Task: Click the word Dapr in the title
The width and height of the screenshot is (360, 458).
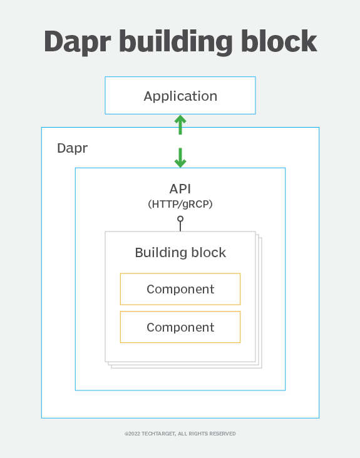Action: [x=78, y=42]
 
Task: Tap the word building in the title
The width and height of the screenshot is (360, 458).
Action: [x=176, y=42]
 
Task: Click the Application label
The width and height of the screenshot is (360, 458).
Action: [x=180, y=96]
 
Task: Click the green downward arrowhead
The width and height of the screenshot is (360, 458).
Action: [x=180, y=163]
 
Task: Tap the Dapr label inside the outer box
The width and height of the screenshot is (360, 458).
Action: [x=72, y=148]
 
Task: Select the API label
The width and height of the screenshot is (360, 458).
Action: [x=180, y=189]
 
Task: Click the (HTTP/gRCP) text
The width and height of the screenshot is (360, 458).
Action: [x=180, y=204]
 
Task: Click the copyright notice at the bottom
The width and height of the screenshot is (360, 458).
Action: [x=180, y=434]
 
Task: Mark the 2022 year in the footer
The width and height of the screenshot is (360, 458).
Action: [x=134, y=434]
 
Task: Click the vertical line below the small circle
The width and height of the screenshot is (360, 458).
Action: [x=180, y=226]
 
